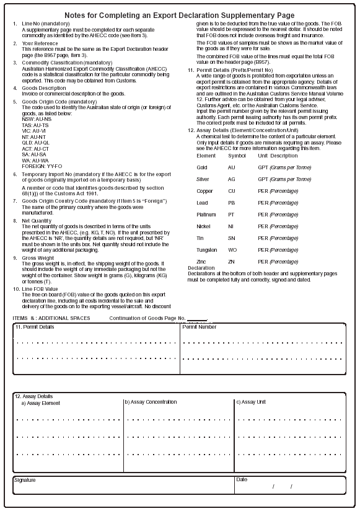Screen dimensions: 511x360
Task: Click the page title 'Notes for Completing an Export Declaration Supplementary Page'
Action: coord(180,15)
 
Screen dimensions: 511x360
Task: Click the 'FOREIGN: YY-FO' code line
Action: coord(42,166)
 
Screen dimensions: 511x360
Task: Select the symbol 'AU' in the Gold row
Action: coord(231,167)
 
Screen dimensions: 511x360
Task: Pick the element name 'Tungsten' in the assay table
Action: coord(207,250)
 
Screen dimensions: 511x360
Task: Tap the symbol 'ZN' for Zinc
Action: coord(231,262)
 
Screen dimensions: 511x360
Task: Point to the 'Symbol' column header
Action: coord(236,156)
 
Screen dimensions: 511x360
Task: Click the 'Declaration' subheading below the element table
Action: coord(202,268)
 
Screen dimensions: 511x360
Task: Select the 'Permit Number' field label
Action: coord(199,327)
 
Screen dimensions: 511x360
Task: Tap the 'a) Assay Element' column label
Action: coord(42,403)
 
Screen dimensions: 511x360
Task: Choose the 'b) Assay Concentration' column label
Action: coord(151,402)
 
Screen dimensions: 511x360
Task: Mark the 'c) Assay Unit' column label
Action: coord(251,402)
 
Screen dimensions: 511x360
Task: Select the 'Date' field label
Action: coord(241,479)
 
